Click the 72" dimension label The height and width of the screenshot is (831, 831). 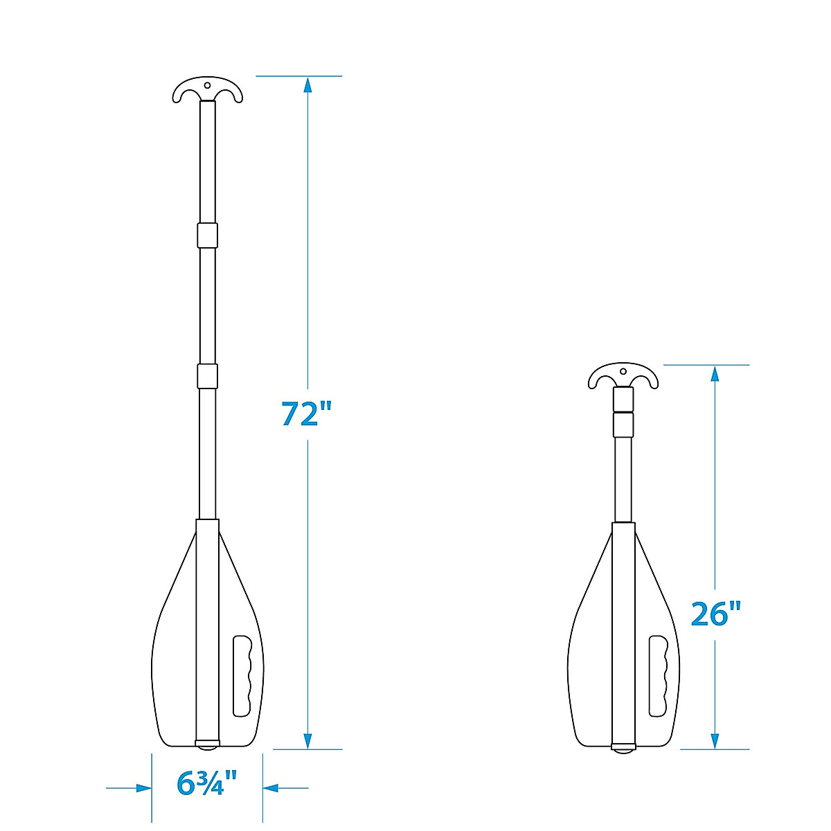click(307, 413)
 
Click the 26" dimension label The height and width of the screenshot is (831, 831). click(715, 614)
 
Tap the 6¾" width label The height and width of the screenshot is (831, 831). click(207, 783)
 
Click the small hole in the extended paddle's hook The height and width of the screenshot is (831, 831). click(208, 85)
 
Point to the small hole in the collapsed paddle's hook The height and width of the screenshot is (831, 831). click(623, 370)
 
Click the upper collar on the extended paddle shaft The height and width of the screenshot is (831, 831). click(208, 235)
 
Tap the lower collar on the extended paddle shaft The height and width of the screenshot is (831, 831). click(208, 376)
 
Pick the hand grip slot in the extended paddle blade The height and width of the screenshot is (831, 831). click(242, 675)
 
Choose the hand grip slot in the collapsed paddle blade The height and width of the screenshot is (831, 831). click(658, 675)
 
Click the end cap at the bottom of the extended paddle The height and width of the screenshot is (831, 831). click(208, 744)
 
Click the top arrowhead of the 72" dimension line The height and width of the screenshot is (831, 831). click(307, 84)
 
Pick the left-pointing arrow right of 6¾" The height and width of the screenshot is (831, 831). click(270, 788)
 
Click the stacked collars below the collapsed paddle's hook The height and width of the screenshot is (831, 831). click(623, 412)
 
